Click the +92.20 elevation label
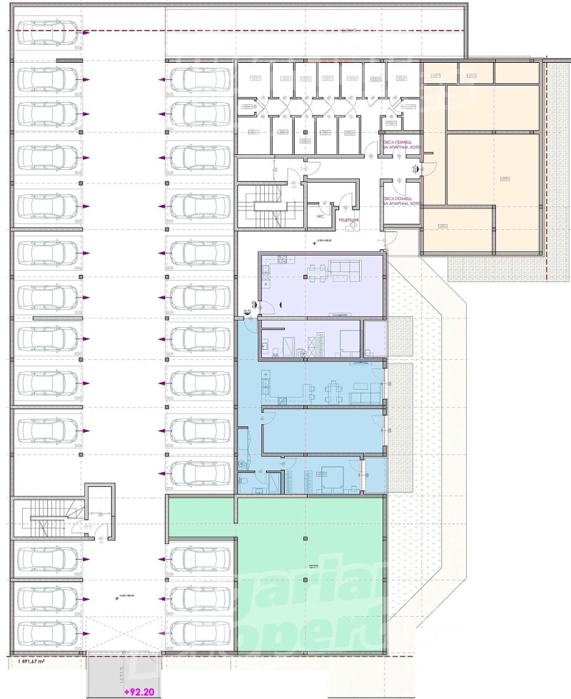[138, 691]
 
